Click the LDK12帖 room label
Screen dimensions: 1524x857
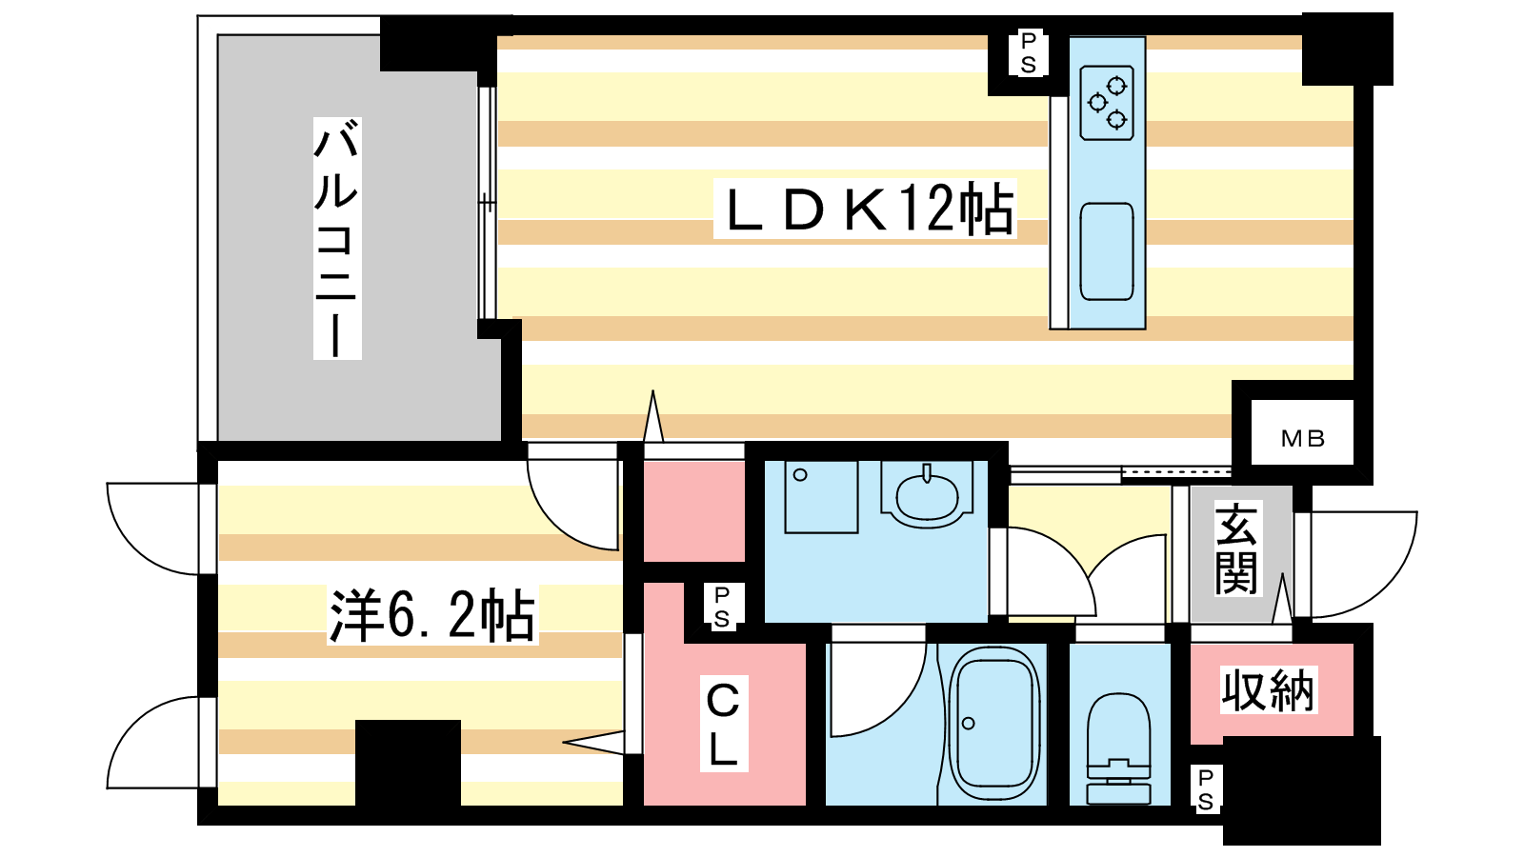tap(865, 209)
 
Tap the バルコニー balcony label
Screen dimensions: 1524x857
tap(337, 238)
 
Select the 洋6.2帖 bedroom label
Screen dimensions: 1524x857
tap(432, 615)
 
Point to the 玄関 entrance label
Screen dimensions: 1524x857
tap(1235, 548)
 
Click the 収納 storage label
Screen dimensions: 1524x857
tap(1268, 690)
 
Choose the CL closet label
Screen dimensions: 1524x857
tap(723, 724)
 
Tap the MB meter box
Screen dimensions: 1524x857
tap(1303, 439)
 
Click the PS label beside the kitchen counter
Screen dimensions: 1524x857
tap(1028, 53)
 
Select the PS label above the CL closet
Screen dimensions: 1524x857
tap(722, 607)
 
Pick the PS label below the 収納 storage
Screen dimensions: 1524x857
tap(1205, 789)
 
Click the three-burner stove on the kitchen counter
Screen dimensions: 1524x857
tap(1107, 104)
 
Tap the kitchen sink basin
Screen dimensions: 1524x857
tap(1107, 251)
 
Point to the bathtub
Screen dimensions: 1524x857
tap(994, 723)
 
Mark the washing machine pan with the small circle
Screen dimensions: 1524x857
tap(821, 496)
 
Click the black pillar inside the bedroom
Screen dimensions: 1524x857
tap(409, 763)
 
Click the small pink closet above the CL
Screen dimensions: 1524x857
tap(694, 511)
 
